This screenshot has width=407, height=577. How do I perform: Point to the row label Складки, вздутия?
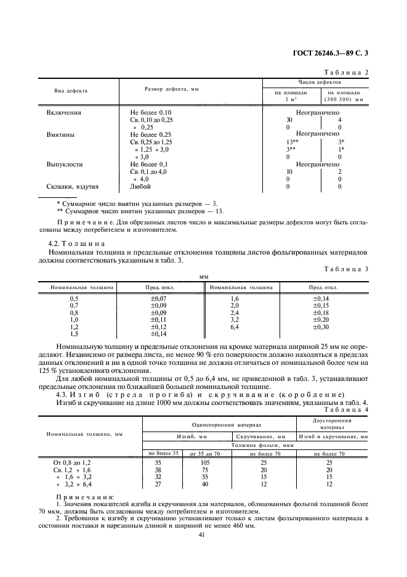[x=73, y=186]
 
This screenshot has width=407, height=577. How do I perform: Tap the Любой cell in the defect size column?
[x=140, y=186]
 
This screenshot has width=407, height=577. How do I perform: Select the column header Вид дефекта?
[x=71, y=91]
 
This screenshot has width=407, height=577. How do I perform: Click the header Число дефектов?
[x=318, y=81]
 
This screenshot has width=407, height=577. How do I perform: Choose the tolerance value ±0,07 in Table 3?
[x=150, y=298]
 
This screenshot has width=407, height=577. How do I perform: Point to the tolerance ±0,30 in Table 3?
[x=322, y=327]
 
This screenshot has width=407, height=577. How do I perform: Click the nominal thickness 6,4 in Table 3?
[x=234, y=327]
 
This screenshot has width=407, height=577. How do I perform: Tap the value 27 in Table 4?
[x=159, y=484]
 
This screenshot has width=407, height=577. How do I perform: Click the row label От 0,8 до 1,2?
[x=72, y=462]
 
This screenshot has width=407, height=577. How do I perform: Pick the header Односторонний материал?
[x=219, y=425]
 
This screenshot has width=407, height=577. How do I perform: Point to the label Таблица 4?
[x=349, y=409]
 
